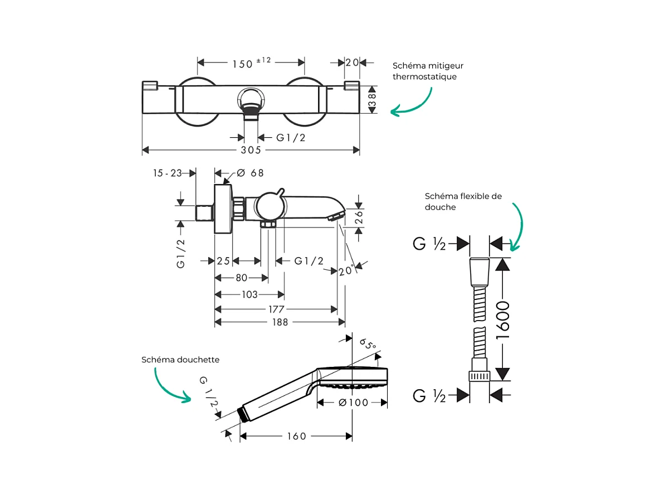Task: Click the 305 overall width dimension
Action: pyautogui.click(x=251, y=150)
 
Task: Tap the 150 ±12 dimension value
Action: pyautogui.click(x=251, y=63)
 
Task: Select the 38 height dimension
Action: pyautogui.click(x=373, y=99)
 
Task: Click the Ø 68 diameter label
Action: pyautogui.click(x=250, y=173)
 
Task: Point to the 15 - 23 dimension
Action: pyautogui.click(x=168, y=173)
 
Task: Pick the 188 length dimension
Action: pyautogui.click(x=280, y=322)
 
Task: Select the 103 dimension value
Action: pyautogui.click(x=250, y=294)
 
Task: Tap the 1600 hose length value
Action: pyautogui.click(x=503, y=319)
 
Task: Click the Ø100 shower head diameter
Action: pyautogui.click(x=354, y=402)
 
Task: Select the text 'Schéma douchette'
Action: pyautogui.click(x=180, y=360)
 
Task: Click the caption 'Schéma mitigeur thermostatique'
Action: pyautogui.click(x=428, y=71)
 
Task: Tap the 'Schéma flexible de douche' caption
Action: pyautogui.click(x=463, y=201)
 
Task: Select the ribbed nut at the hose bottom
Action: pyautogui.click(x=480, y=376)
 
